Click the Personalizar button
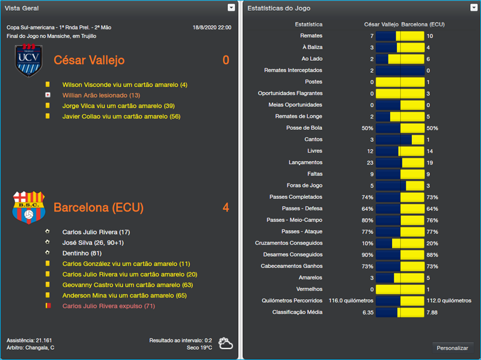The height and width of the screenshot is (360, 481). point(452,348)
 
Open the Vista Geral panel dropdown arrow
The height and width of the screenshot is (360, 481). point(231,8)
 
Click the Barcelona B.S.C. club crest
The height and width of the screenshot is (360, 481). point(29,207)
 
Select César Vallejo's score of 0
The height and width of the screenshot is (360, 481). point(225,60)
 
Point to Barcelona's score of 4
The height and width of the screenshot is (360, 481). point(225,208)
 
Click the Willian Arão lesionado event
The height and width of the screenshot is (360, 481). point(101,95)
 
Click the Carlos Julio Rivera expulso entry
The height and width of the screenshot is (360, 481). point(109,306)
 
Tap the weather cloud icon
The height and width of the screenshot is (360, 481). point(226,344)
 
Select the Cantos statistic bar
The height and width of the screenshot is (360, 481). point(400,139)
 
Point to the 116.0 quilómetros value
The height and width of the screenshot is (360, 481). point(351,301)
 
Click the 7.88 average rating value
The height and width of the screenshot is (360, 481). point(432,313)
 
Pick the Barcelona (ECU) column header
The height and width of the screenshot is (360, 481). point(423,25)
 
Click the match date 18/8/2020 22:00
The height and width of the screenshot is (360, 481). point(212,28)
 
